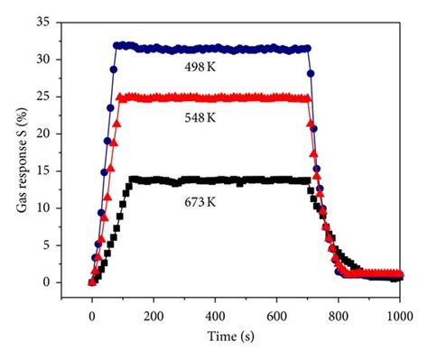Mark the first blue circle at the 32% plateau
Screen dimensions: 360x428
117,45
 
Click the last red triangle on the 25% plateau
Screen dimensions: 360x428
308,97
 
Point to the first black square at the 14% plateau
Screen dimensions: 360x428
133,180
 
